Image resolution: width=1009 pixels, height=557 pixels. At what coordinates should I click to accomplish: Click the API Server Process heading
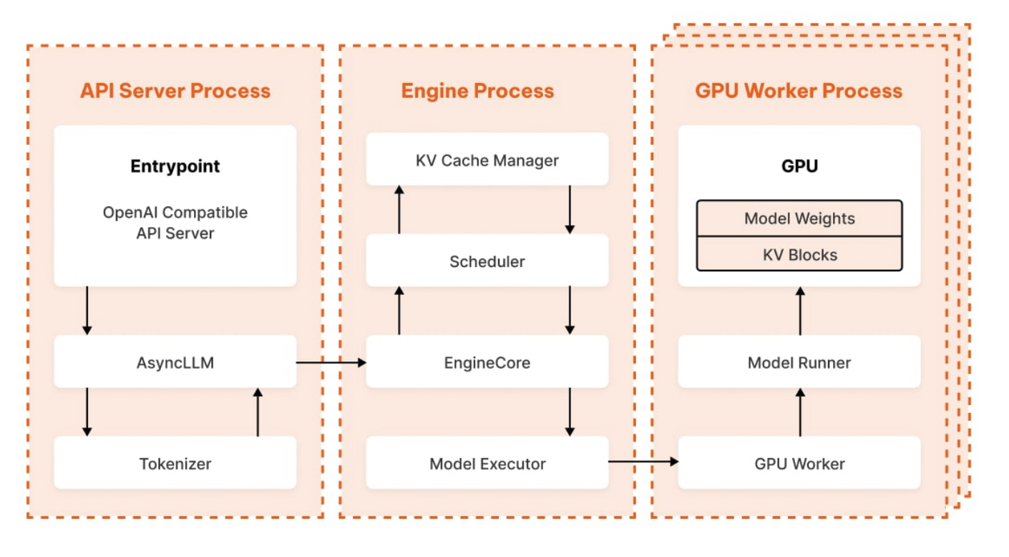(175, 91)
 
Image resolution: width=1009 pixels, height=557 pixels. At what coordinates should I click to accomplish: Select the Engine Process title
(477, 91)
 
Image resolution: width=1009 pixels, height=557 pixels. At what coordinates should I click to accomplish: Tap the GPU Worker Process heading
(799, 91)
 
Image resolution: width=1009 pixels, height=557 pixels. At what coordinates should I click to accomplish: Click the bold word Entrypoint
(175, 166)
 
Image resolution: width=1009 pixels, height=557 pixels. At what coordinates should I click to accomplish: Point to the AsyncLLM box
(175, 362)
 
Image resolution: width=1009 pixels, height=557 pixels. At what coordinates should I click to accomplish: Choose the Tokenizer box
(175, 463)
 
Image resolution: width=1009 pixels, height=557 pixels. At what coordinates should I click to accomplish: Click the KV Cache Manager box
(487, 160)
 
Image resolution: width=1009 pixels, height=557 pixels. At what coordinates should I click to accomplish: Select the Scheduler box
(487, 261)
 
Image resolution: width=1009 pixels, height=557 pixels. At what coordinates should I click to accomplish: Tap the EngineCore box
(487, 362)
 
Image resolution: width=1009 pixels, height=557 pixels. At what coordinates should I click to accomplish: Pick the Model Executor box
(487, 463)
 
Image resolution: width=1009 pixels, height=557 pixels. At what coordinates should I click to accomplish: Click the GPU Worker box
(799, 463)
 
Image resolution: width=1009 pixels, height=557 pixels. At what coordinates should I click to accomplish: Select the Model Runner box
(799, 362)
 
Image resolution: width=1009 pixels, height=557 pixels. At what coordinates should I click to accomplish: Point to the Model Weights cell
(799, 218)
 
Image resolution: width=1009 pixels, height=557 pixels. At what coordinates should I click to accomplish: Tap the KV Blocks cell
(799, 254)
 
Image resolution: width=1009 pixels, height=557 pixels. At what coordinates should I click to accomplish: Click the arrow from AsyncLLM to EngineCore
(331, 362)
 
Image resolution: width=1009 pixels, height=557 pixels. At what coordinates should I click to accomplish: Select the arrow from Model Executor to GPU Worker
(643, 462)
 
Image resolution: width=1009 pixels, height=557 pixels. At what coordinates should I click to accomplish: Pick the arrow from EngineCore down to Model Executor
(570, 412)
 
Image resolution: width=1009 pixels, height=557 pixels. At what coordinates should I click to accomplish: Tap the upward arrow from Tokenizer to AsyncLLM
(258, 412)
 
